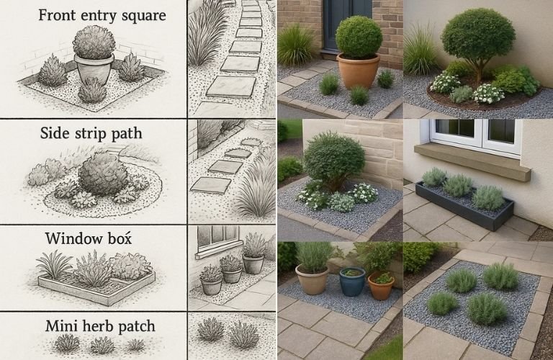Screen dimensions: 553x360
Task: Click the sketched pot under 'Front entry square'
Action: [x=94, y=69]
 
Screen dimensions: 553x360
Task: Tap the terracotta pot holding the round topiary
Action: [x=359, y=71]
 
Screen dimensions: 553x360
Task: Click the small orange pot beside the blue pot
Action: [x=381, y=286]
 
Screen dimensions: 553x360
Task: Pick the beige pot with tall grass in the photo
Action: [x=312, y=279]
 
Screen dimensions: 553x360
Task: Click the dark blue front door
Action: [x=348, y=24]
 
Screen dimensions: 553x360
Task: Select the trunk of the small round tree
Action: [x=478, y=73]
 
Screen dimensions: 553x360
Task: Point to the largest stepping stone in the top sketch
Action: [x=231, y=86]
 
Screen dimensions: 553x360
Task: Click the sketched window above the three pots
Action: [x=218, y=235]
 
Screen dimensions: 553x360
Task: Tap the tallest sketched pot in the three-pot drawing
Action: [x=253, y=264]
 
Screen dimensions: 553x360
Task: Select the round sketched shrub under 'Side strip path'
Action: [x=102, y=174]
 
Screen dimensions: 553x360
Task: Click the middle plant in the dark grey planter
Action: [x=458, y=186]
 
